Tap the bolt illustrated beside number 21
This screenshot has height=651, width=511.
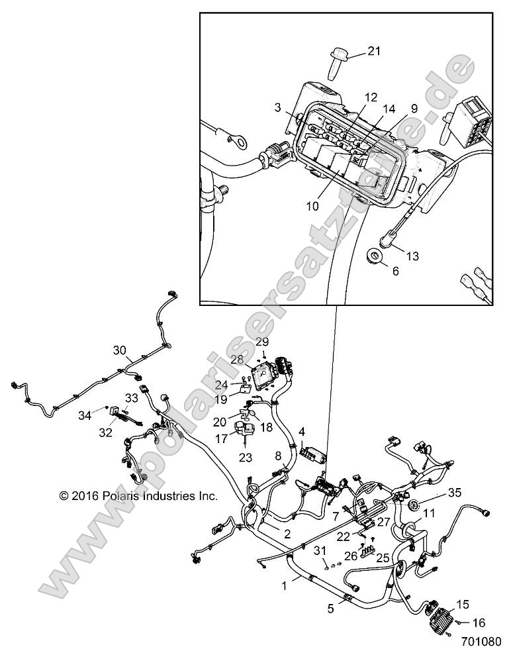(x=337, y=65)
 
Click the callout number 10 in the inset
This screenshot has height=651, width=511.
(x=312, y=206)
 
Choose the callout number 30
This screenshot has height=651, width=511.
(x=119, y=350)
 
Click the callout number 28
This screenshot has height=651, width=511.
(x=238, y=358)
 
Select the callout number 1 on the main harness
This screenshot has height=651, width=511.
(x=285, y=585)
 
